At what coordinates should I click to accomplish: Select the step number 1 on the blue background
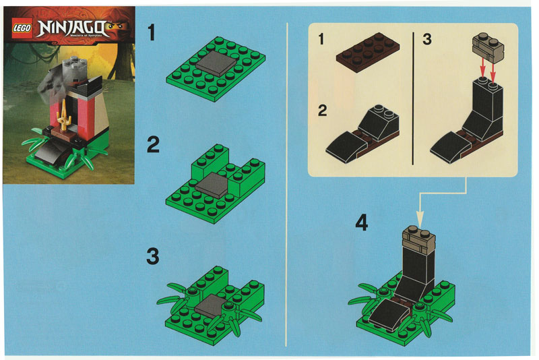coord(153,32)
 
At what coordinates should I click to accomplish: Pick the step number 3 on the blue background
coord(153,257)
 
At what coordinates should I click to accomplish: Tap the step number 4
coord(362,222)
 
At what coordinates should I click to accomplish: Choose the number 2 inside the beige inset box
coord(323,111)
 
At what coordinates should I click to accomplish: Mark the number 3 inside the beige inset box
coord(426,40)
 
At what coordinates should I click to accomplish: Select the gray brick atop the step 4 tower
coord(416,238)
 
